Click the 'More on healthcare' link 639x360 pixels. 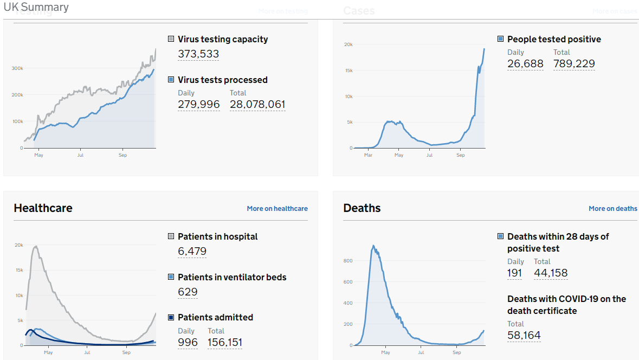coord(277,208)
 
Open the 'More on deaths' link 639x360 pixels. coord(612,208)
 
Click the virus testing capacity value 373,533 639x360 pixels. coord(198,54)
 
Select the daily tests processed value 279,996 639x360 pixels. coord(199,104)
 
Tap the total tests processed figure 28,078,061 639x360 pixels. coord(257,104)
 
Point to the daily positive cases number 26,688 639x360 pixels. coord(525,63)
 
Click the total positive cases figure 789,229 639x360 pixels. coord(574,63)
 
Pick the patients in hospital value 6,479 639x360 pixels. coord(192,251)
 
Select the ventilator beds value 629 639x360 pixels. coord(188,292)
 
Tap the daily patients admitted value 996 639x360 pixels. coord(188,342)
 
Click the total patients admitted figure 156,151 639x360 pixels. coord(225,342)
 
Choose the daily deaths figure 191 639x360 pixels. coord(515,273)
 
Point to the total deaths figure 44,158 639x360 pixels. coord(551,273)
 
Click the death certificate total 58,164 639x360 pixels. coord(524,335)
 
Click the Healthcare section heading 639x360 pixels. coord(43,208)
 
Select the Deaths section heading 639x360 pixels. coord(362,208)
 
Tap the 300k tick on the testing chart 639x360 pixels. coord(17,68)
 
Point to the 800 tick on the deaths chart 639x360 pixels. coord(348,261)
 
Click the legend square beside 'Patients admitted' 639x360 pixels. coord(171,317)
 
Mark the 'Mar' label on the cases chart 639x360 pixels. coord(368,155)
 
